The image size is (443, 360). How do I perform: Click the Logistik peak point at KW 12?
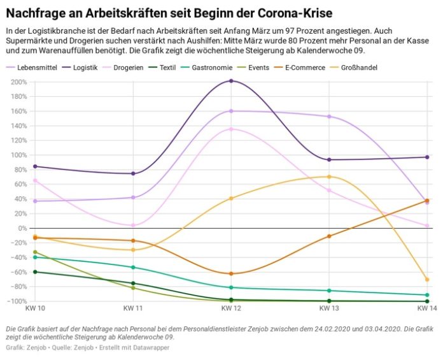click(231, 81)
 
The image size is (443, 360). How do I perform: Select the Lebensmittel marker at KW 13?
click(329, 117)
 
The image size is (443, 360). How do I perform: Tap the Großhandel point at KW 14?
click(427, 280)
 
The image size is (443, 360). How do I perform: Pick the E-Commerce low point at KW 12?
click(231, 274)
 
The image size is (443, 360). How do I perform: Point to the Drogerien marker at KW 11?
click(133, 226)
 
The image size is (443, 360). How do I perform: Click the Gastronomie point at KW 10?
click(35, 257)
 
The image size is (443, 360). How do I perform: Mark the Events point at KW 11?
click(133, 288)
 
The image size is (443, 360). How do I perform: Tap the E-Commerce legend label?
click(304, 68)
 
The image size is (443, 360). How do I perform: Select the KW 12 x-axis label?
click(231, 309)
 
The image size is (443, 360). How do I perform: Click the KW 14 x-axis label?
click(426, 309)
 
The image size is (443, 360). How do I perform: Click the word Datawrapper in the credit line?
click(150, 348)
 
